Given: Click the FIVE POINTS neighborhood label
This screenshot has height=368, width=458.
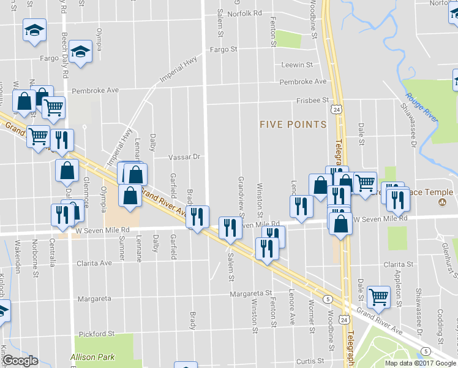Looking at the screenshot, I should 293,125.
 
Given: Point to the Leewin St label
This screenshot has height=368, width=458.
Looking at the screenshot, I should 297,65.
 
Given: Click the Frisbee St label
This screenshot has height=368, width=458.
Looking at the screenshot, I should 313,99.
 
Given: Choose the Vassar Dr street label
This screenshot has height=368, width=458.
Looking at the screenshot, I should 185,157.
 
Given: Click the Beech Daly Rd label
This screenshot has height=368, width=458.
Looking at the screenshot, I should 64,15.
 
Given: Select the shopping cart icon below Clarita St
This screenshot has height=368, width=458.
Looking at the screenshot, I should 378,297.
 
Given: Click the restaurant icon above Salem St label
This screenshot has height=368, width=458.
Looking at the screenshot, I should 229,228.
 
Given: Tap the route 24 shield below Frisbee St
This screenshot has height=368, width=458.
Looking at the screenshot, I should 335,109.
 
